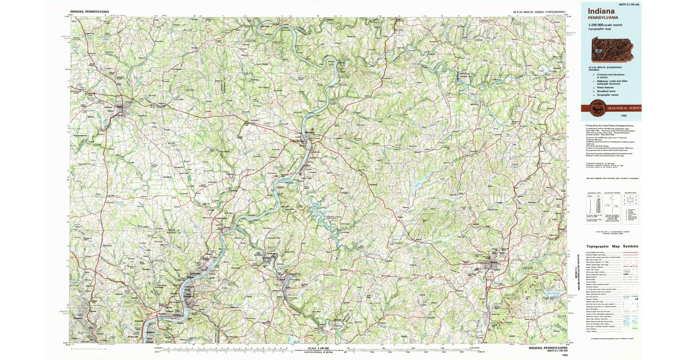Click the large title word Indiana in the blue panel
(x=601, y=10)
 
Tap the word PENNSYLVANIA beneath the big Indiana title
(x=603, y=18)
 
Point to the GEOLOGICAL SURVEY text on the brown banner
(x=624, y=108)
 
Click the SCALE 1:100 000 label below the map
(x=320, y=348)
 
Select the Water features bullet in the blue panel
(x=605, y=86)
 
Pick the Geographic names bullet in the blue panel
(x=606, y=94)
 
